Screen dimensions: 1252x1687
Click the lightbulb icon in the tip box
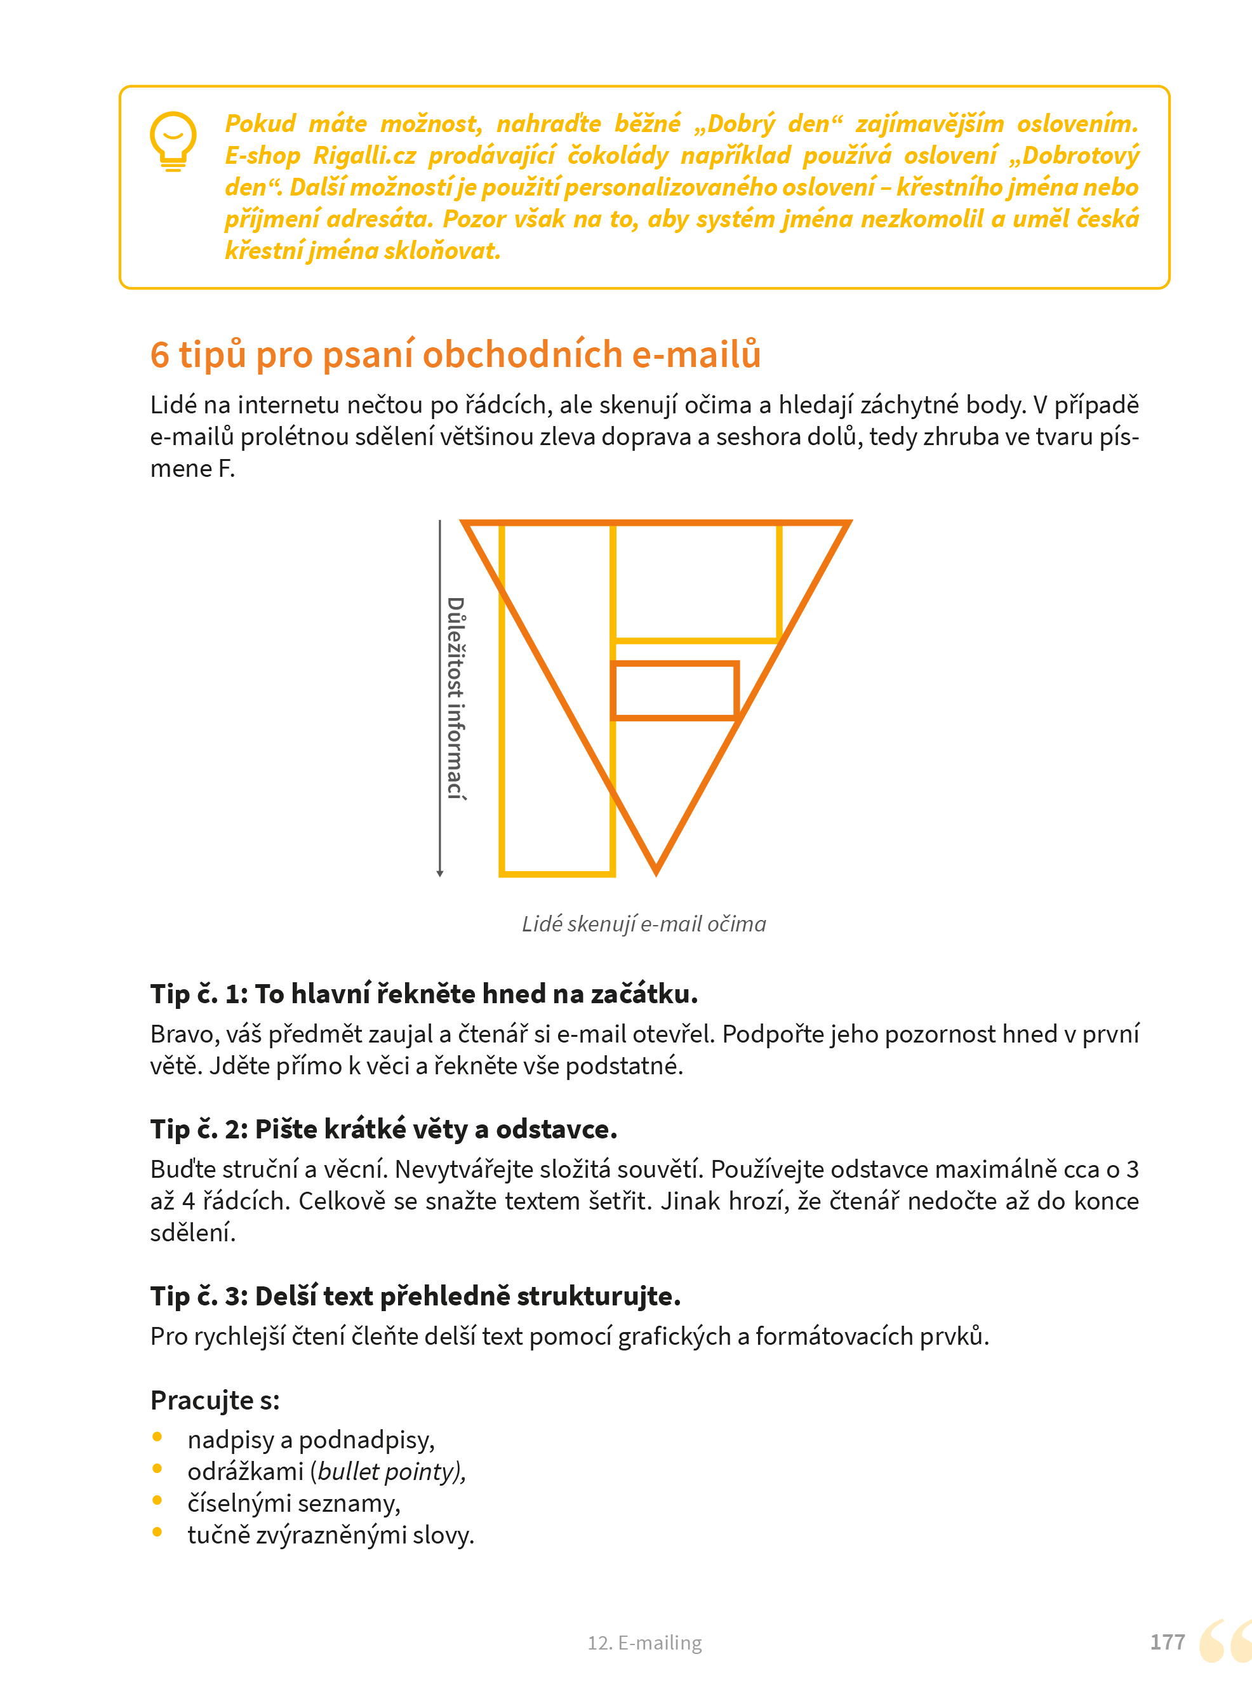(x=173, y=142)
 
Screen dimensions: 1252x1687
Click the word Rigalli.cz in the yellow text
(x=364, y=156)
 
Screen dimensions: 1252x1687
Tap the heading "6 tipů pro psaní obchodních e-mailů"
(x=455, y=354)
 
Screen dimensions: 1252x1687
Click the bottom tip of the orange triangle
(x=656, y=874)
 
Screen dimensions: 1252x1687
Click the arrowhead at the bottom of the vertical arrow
(x=439, y=874)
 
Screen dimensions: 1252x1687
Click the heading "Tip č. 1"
(x=423, y=994)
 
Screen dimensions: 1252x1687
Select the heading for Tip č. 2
(x=383, y=1129)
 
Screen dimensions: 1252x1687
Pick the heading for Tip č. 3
(x=415, y=1296)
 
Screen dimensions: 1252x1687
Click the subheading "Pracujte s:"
(x=215, y=1401)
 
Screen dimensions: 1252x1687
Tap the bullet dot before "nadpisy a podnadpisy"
(x=157, y=1437)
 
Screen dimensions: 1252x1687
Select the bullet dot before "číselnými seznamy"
(x=157, y=1500)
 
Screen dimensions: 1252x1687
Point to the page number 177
(x=1167, y=1643)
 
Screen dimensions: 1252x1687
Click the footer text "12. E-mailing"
(x=645, y=1643)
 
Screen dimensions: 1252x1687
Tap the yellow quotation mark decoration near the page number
(x=1225, y=1641)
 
